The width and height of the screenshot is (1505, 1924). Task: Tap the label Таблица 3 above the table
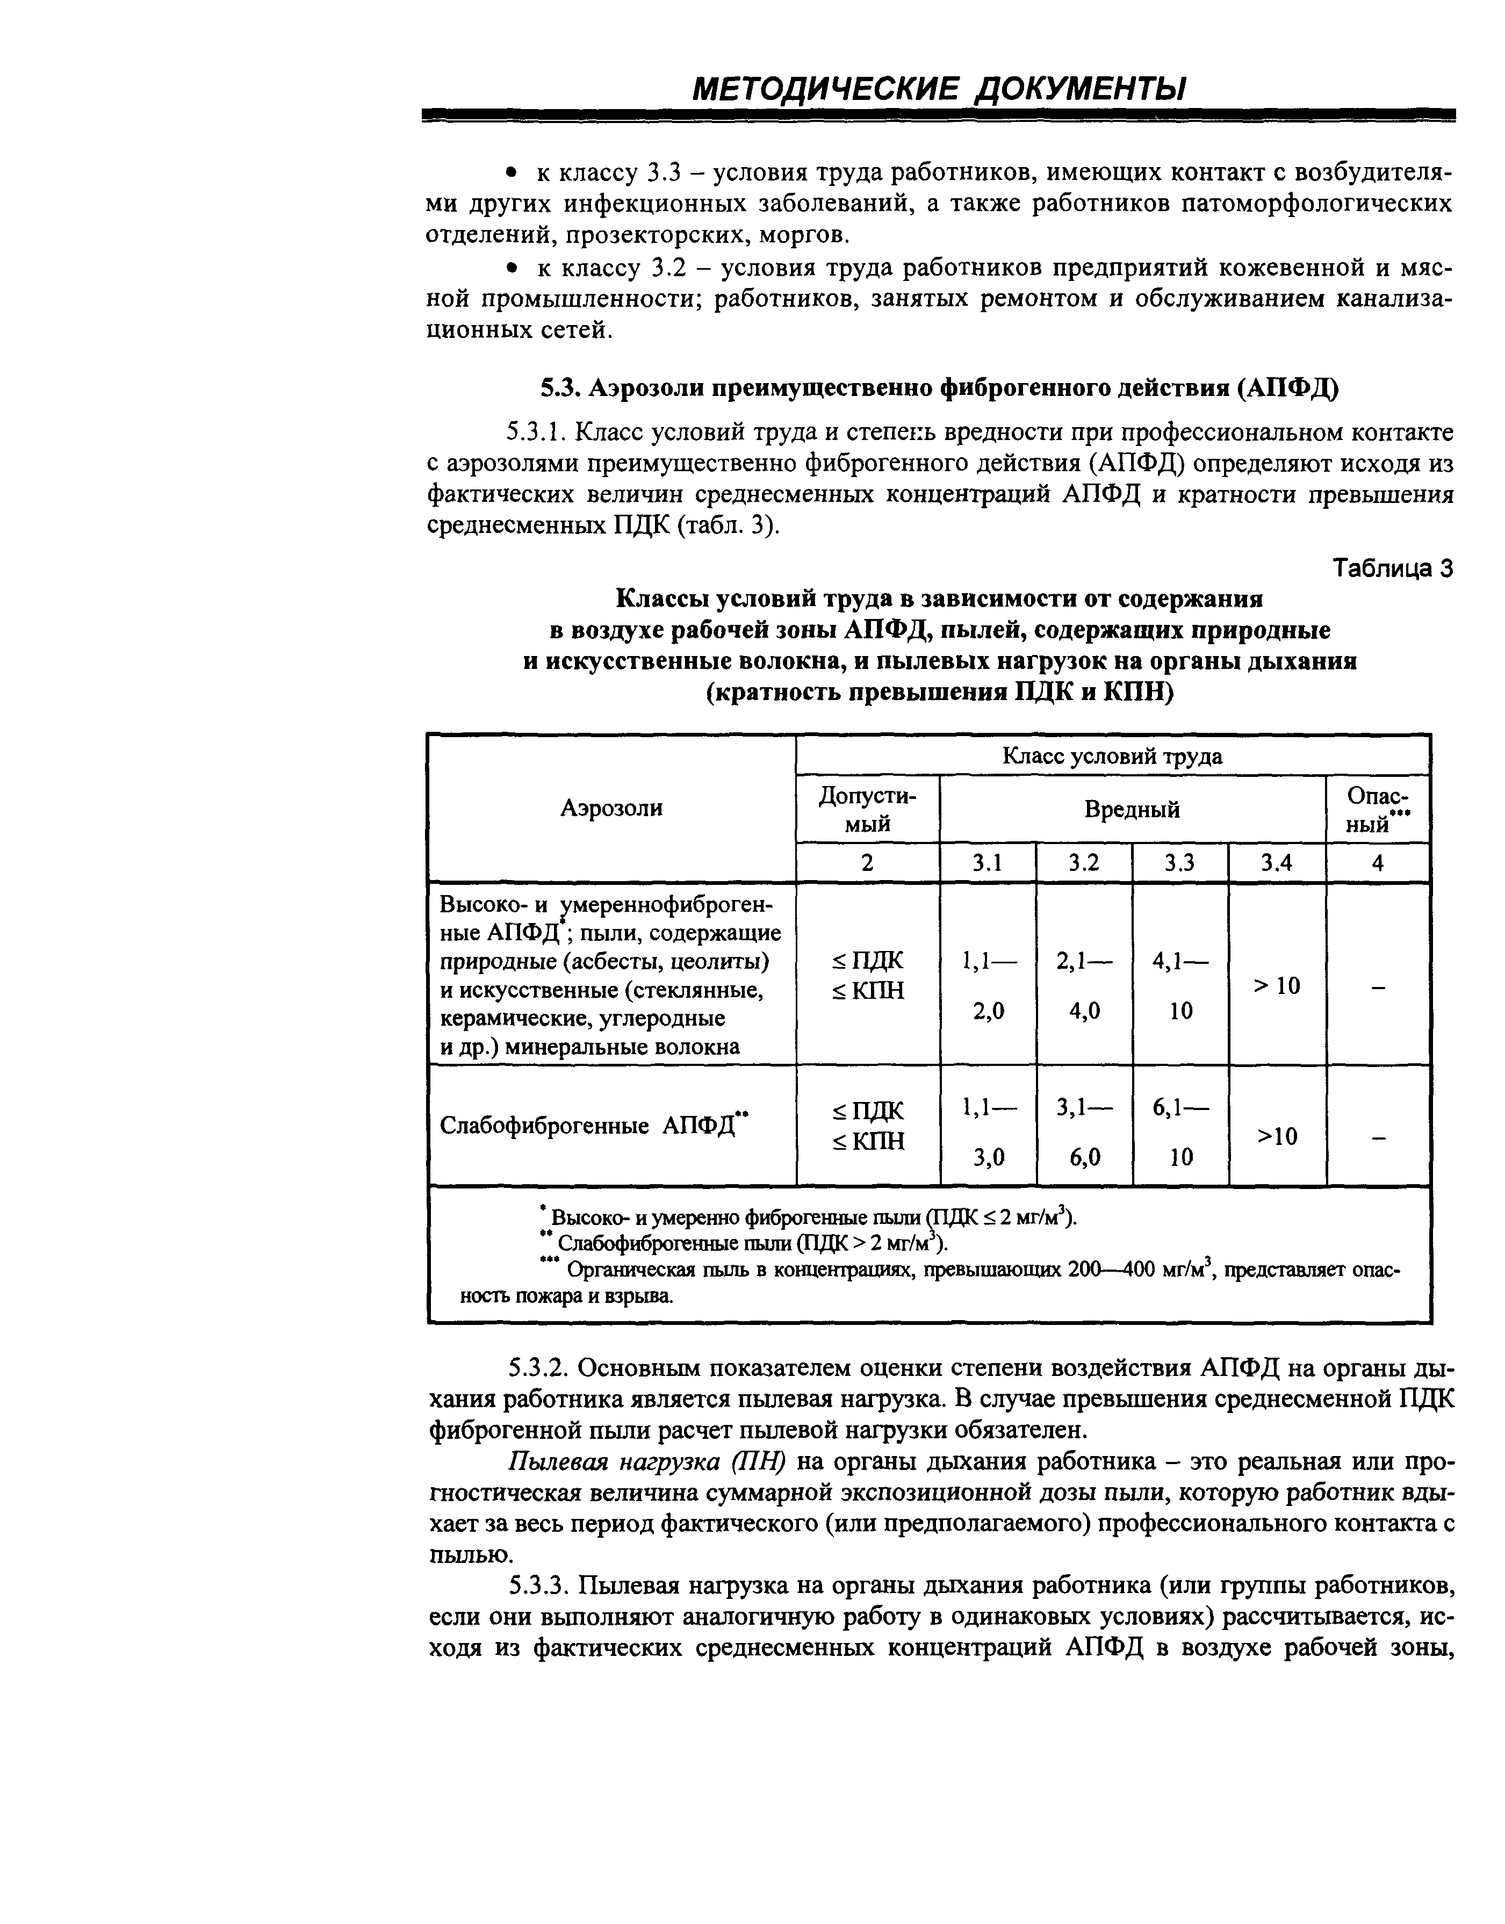click(x=1392, y=568)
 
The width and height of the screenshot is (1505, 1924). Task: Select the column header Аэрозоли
click(x=611, y=808)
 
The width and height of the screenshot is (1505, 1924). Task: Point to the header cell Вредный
click(x=1132, y=809)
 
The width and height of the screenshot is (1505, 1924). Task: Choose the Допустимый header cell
click(x=867, y=809)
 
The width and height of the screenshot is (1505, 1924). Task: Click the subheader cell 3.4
click(x=1276, y=863)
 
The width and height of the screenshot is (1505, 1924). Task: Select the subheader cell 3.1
click(x=987, y=863)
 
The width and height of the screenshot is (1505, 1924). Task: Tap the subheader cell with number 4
click(x=1377, y=863)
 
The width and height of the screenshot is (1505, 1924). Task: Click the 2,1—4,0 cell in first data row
click(x=1084, y=985)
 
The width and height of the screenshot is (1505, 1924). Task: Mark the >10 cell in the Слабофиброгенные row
click(x=1276, y=1136)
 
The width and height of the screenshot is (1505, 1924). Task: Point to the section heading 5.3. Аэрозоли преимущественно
click(x=939, y=387)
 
